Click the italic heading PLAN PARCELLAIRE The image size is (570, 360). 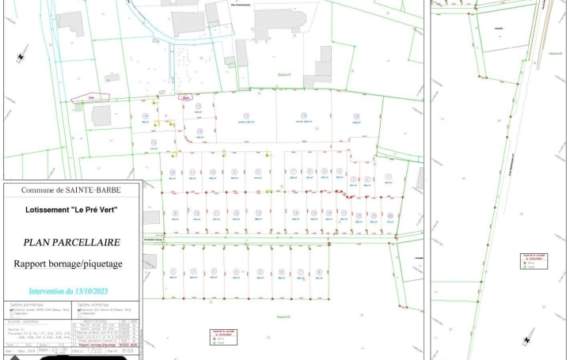[x=72, y=244]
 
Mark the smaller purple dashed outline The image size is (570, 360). [x=186, y=98]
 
